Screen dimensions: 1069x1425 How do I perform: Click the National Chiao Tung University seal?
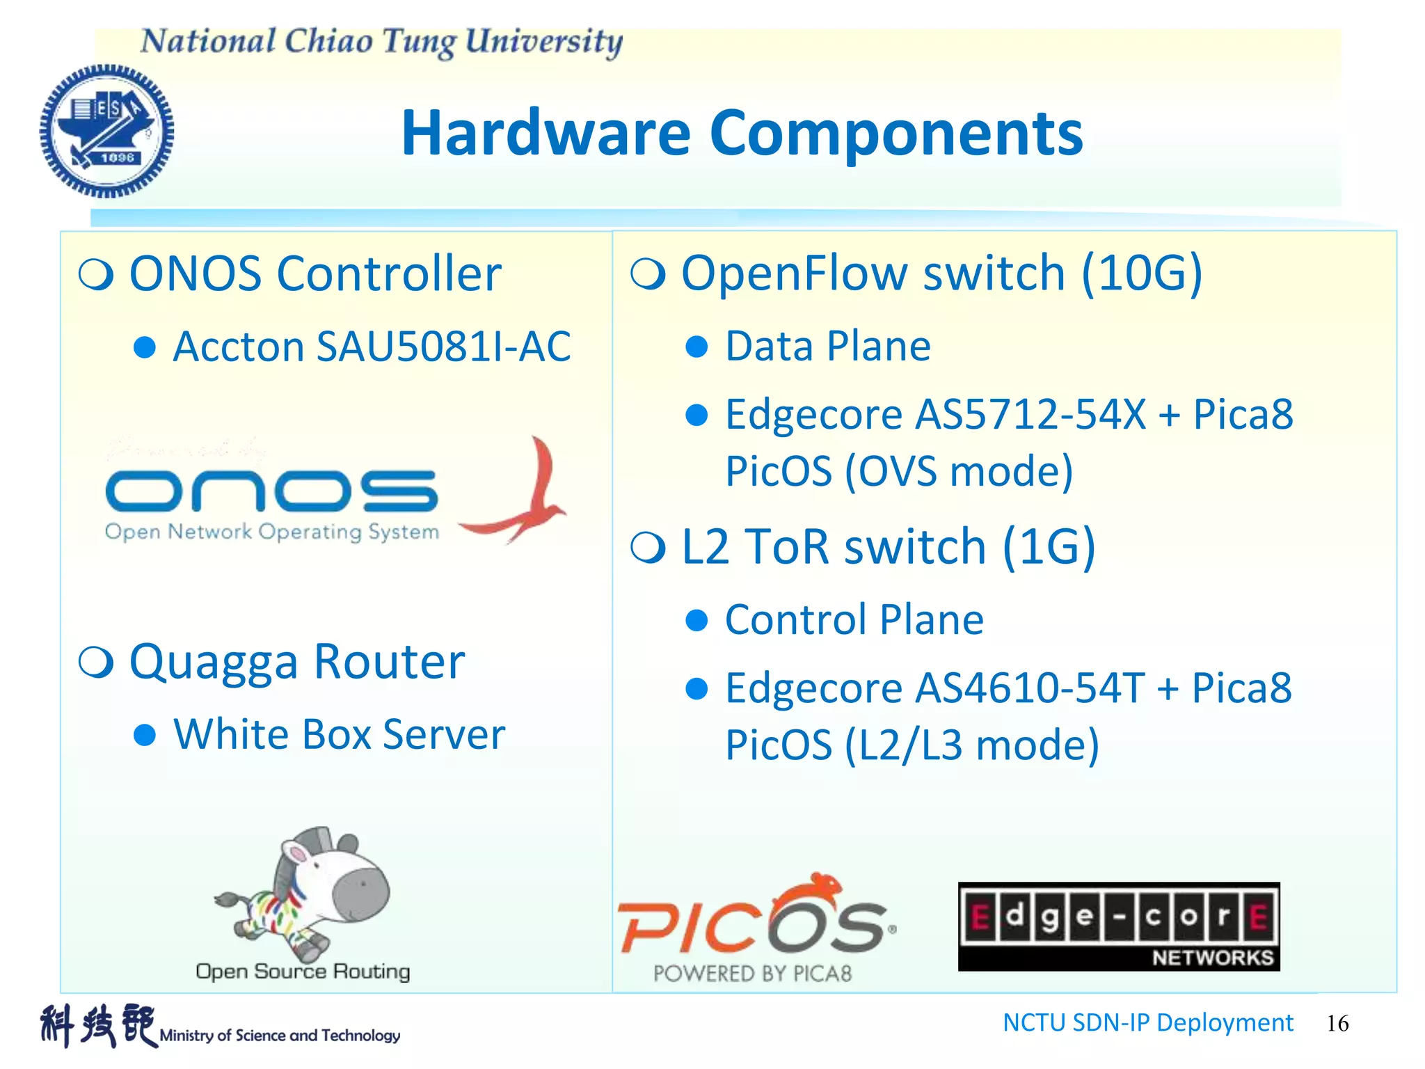tap(106, 132)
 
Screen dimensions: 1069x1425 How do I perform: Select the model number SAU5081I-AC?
tap(443, 347)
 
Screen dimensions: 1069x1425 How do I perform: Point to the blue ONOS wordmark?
tap(271, 491)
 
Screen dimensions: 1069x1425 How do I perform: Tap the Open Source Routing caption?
tap(303, 971)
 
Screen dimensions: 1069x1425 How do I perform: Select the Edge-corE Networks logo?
tap(1118, 926)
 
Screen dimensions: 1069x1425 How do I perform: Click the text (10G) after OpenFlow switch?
tap(1141, 273)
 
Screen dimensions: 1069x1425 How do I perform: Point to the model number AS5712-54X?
tap(1030, 415)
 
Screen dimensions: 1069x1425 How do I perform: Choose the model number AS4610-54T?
tap(1029, 688)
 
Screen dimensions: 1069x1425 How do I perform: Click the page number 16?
tap(1337, 1023)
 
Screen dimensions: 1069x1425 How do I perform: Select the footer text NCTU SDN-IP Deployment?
tap(1147, 1022)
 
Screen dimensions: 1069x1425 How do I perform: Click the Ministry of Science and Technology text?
tap(280, 1036)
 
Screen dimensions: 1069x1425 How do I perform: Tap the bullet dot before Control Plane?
tap(696, 620)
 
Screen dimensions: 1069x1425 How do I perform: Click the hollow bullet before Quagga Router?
tap(96, 662)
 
